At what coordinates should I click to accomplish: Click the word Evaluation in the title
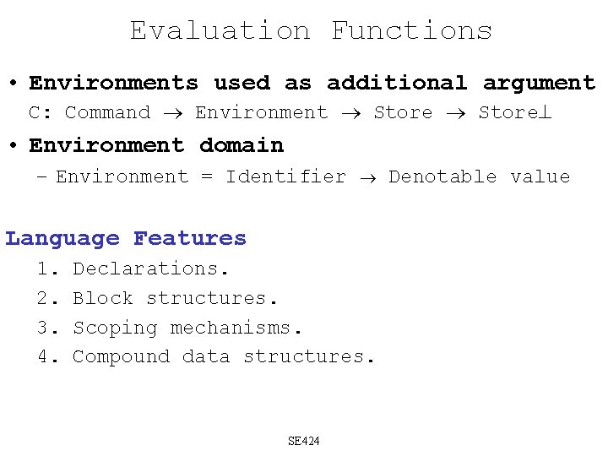click(220, 31)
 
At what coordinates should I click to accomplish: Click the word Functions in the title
click(411, 31)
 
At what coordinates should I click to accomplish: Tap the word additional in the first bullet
click(396, 83)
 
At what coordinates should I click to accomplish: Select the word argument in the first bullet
click(539, 83)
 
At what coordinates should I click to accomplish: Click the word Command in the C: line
click(107, 112)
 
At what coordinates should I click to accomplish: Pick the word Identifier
click(285, 176)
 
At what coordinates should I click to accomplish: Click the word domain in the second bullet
click(242, 145)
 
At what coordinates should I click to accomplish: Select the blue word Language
click(62, 239)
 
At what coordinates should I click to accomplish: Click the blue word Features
click(190, 239)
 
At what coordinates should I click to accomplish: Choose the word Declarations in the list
click(150, 269)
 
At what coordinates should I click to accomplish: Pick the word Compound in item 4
click(121, 356)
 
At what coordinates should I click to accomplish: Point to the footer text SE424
click(304, 441)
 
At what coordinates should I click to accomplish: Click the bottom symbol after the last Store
click(545, 113)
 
